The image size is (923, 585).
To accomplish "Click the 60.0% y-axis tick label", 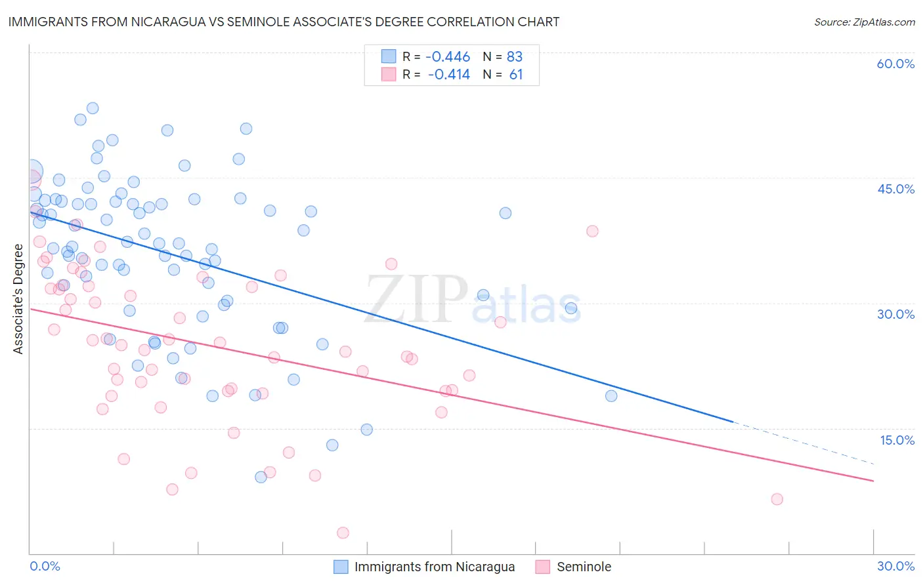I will (895, 64).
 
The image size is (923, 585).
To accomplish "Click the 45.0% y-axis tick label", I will (895, 189).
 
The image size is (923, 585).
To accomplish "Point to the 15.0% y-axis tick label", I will (897, 440).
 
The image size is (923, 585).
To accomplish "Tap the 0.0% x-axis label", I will (45, 566).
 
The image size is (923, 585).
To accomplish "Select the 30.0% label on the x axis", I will (895, 566).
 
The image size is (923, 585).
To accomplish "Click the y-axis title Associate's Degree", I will (18, 299).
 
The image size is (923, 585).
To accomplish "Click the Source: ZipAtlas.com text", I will (865, 22).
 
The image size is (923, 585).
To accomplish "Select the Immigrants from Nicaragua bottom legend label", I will (435, 567).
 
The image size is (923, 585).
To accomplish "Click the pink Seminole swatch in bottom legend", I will (542, 567).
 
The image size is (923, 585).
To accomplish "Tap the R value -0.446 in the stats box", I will (448, 57).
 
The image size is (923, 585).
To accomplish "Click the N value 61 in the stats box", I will (516, 75).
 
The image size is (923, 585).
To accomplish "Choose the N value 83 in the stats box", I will (515, 57).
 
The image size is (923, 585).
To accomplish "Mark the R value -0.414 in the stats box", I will (448, 75).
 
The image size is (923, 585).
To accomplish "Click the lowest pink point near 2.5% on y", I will (343, 533).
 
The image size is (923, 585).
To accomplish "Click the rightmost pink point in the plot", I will (777, 499).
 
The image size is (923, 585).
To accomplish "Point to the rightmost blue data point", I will (611, 395).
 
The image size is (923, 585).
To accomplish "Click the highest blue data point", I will (93, 108).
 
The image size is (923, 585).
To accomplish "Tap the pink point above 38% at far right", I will (592, 231).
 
